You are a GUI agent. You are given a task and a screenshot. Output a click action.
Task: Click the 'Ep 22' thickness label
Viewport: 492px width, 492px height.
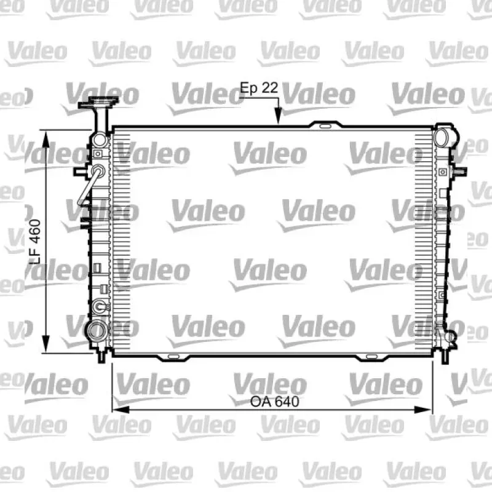click(259, 88)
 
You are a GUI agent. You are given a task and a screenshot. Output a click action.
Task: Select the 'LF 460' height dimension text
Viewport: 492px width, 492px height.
click(35, 242)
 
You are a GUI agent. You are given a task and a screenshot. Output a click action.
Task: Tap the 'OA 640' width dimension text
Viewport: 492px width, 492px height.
click(274, 402)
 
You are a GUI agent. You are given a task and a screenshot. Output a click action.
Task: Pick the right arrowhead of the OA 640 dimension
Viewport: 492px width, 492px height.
click(423, 410)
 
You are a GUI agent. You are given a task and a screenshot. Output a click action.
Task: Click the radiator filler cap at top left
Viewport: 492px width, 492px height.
click(98, 102)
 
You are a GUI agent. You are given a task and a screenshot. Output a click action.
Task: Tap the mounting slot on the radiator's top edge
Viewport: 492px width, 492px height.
click(325, 127)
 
